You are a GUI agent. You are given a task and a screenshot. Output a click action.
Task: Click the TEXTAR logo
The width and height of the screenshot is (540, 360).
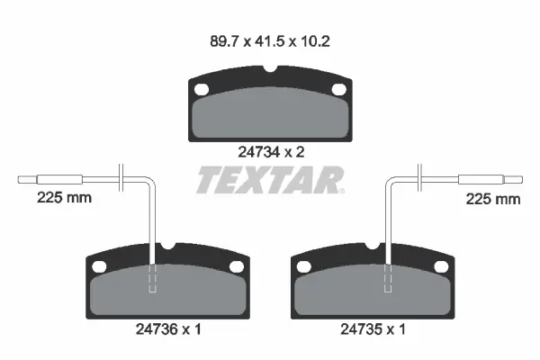point(270,180)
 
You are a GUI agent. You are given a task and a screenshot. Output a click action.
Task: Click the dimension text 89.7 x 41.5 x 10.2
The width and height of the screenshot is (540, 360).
point(270,41)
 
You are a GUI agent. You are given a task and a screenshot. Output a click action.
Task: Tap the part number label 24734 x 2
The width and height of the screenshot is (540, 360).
point(272,152)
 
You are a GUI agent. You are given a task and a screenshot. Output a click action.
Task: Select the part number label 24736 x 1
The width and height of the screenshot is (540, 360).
point(168,329)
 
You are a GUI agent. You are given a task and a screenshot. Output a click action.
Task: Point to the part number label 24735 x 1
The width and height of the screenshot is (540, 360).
point(373,329)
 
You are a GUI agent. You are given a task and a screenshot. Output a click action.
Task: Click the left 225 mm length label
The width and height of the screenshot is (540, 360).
point(65,198)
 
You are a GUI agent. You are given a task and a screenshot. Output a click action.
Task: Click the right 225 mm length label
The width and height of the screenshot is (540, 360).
point(493,199)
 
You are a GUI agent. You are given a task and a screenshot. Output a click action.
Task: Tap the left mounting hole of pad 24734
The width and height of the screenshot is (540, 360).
point(202,90)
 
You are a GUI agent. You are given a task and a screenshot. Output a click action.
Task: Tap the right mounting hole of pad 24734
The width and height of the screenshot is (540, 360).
point(339,90)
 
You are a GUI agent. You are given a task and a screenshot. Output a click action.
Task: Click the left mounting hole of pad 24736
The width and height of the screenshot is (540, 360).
point(99,266)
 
